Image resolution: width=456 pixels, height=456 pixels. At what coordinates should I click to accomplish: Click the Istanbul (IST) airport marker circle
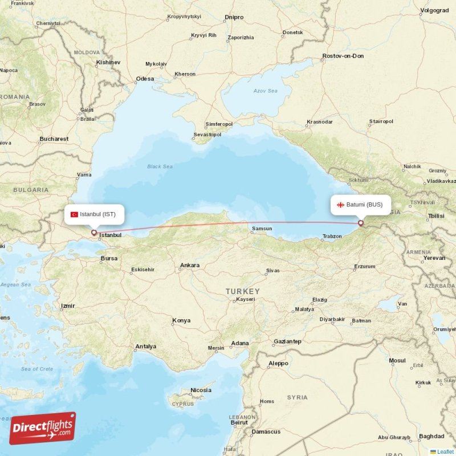94,232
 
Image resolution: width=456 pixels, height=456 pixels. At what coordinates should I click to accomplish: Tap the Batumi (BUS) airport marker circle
361,223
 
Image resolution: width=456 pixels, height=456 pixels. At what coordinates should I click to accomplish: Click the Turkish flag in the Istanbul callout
74,214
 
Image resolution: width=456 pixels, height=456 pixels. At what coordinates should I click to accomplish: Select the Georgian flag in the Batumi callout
341,205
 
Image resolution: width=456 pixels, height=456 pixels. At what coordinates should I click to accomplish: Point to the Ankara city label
190,266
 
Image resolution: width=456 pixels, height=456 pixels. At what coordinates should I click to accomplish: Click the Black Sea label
160,166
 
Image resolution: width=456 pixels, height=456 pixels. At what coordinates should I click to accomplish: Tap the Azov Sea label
266,91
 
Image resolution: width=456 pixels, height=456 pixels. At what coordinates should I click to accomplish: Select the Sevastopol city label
207,135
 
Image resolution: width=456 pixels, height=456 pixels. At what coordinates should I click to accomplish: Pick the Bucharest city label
54,139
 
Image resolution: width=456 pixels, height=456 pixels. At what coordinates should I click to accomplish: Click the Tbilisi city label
435,216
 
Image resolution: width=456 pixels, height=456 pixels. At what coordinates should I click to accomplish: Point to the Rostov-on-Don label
343,56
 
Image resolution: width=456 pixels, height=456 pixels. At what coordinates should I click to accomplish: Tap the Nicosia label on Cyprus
201,390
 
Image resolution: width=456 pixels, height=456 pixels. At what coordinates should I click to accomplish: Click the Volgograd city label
434,10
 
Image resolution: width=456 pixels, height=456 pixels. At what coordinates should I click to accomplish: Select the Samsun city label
262,229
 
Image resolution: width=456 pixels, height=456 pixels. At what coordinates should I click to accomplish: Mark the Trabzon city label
332,236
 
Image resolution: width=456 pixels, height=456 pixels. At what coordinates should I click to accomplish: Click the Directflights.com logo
42,428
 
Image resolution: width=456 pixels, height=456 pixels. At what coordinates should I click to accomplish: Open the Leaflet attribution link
445,451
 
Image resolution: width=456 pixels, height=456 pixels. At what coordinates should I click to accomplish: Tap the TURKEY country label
242,291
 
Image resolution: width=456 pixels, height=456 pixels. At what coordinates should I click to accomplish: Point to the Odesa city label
145,79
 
